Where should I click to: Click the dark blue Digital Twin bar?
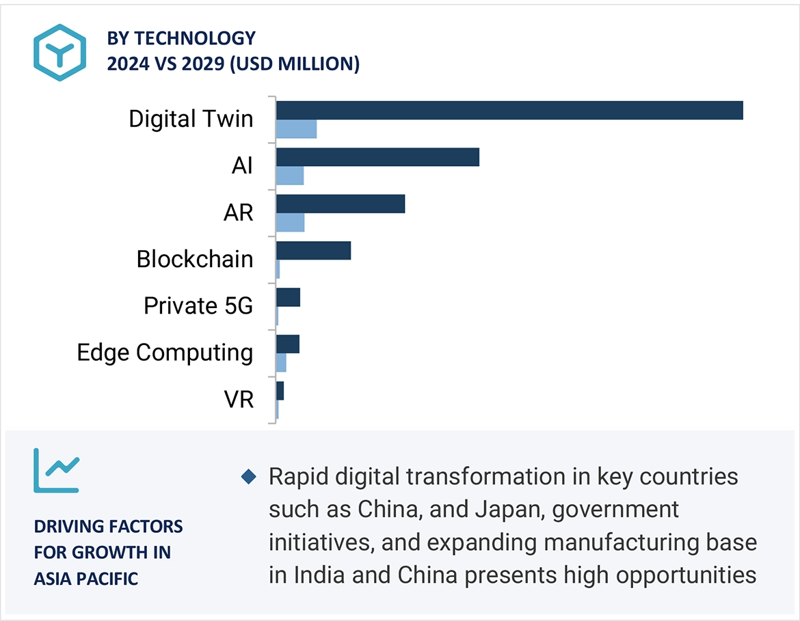(x=509, y=110)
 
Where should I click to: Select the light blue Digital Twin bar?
(x=296, y=129)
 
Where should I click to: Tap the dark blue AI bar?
(x=377, y=157)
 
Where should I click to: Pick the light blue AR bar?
(x=290, y=222)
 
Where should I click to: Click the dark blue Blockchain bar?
(x=313, y=250)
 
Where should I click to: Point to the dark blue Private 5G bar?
(x=288, y=297)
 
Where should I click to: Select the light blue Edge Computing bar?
(x=281, y=363)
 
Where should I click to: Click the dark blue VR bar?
(x=280, y=391)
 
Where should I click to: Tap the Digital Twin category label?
(x=191, y=119)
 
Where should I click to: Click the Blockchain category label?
(x=195, y=259)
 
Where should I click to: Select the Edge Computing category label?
(x=165, y=353)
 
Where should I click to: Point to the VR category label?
(x=239, y=399)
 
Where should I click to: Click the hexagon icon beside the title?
(x=60, y=53)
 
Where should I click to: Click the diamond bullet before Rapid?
(x=249, y=476)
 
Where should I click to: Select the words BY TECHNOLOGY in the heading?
(x=181, y=38)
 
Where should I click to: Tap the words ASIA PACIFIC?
(x=86, y=579)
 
